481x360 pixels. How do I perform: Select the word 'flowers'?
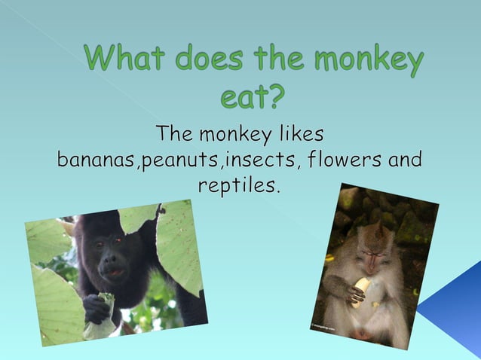click(x=335, y=160)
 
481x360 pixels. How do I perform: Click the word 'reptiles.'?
click(x=239, y=185)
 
